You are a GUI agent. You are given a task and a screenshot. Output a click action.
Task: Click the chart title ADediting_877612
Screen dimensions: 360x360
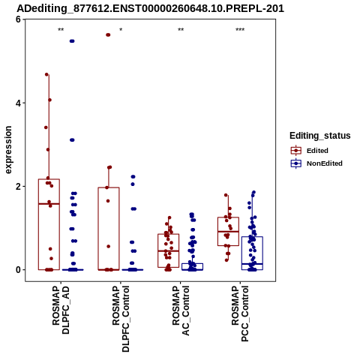[x=150, y=9]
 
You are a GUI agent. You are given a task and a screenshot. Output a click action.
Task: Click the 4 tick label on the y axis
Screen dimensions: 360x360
[x=18, y=103]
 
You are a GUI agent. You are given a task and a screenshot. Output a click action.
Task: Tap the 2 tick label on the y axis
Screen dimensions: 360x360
[x=18, y=187]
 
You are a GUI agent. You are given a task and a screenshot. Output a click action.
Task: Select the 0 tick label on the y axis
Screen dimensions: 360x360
[x=18, y=270]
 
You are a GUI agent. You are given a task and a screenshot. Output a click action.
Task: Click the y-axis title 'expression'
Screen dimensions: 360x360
[x=8, y=150]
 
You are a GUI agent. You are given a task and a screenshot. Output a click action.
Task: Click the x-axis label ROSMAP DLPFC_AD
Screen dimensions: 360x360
[x=61, y=310]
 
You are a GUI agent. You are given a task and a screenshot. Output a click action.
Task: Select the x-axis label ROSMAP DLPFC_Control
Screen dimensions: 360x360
[x=121, y=319]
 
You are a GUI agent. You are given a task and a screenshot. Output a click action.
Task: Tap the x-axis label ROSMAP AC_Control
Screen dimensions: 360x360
[x=181, y=310]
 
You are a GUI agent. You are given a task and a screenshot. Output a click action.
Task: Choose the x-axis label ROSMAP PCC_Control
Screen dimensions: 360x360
[x=240, y=313]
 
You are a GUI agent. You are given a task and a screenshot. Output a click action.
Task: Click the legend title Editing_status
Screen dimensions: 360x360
[x=320, y=136]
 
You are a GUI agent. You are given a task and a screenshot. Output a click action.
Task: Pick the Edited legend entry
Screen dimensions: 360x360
[x=310, y=151]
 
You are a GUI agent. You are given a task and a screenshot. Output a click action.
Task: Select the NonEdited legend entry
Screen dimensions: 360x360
[x=316, y=163]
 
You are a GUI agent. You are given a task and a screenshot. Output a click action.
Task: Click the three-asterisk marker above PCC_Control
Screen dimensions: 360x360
[x=240, y=30]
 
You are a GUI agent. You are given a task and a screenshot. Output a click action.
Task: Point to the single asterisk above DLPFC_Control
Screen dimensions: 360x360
[x=121, y=29]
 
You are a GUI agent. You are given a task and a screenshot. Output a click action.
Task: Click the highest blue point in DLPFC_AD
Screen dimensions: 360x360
[x=72, y=41]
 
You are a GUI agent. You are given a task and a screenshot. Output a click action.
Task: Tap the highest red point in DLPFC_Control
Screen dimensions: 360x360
[x=108, y=35]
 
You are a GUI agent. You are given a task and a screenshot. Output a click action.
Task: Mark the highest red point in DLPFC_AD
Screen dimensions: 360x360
[x=46, y=74]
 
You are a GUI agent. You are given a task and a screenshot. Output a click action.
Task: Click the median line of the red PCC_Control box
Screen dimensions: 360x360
[x=229, y=232]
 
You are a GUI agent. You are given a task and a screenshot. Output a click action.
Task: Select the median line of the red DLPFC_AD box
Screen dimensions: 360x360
[x=49, y=204]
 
